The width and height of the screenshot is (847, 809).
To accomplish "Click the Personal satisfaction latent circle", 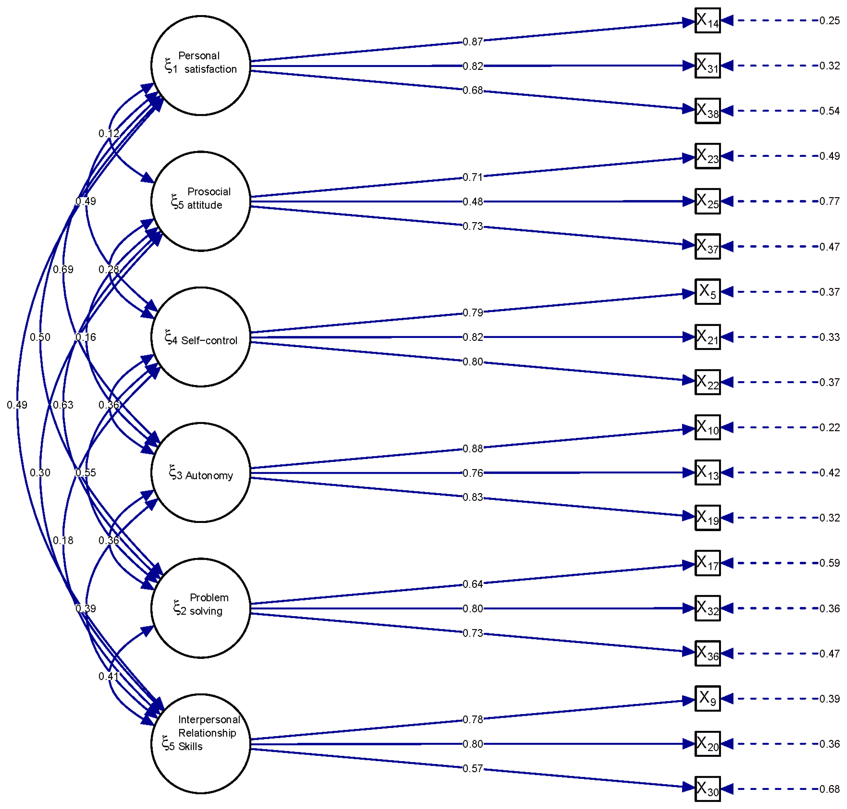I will pyautogui.click(x=200, y=66).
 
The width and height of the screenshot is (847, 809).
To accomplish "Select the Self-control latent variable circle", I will pyautogui.click(x=200, y=337).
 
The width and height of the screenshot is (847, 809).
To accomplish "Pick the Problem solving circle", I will pyautogui.click(x=200, y=608).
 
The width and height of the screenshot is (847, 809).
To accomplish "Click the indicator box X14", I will pyautogui.click(x=707, y=20).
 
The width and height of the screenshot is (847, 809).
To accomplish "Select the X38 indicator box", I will pyautogui.click(x=707, y=111).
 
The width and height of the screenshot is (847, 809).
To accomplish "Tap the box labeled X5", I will pyautogui.click(x=707, y=292).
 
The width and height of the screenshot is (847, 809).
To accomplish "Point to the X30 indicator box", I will pyautogui.click(x=707, y=789).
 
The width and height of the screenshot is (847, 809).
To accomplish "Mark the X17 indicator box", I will pyautogui.click(x=707, y=563).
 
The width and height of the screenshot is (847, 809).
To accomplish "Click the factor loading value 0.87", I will pyautogui.click(x=473, y=42).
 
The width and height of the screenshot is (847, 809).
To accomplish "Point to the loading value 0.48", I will pyautogui.click(x=473, y=201).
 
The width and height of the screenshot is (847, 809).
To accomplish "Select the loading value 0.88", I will pyautogui.click(x=473, y=448).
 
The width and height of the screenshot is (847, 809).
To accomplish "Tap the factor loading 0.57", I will pyautogui.click(x=473, y=768).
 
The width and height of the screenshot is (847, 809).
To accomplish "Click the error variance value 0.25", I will pyautogui.click(x=829, y=20).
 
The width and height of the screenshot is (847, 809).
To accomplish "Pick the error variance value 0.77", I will pyautogui.click(x=829, y=201).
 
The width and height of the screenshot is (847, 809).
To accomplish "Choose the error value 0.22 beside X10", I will pyautogui.click(x=829, y=427).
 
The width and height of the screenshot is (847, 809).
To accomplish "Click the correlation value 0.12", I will pyautogui.click(x=109, y=133).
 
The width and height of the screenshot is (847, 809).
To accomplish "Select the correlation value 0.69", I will pyautogui.click(x=63, y=269).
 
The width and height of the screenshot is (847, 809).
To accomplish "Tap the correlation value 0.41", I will pyautogui.click(x=109, y=676).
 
